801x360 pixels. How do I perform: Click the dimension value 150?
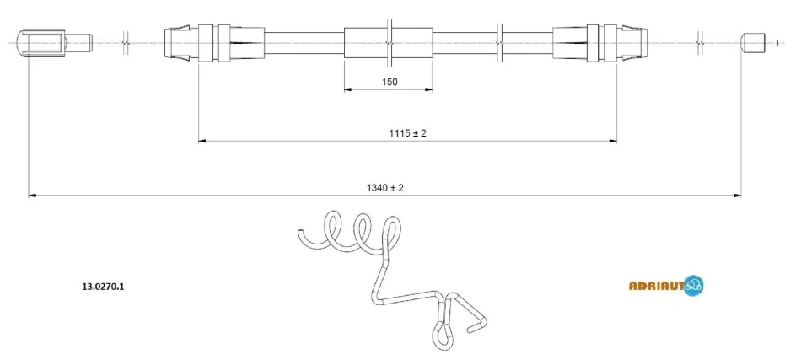pos(389,81)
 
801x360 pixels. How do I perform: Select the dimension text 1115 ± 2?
pos(407,132)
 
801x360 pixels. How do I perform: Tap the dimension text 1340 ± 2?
pos(384,187)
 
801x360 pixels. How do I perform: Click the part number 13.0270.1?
pos(103,287)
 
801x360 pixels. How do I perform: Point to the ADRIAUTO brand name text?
pos(657,287)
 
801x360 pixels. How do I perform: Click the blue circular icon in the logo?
pos(694,286)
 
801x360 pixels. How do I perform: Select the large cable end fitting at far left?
pos(40,42)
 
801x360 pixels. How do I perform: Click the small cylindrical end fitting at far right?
pos(752,42)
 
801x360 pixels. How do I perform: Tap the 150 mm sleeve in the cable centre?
pos(388,43)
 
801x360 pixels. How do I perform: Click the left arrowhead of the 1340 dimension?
pos(32,195)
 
